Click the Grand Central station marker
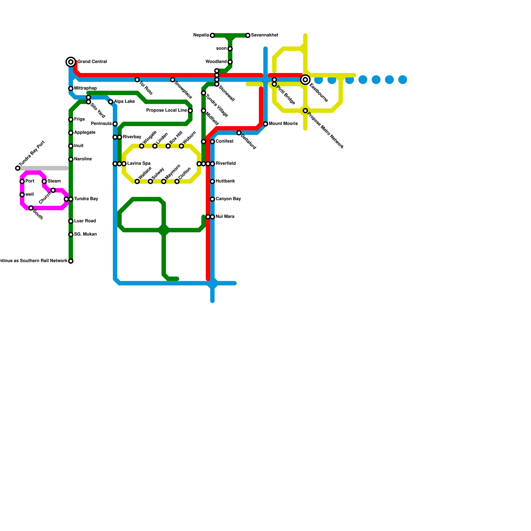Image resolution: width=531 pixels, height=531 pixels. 71,62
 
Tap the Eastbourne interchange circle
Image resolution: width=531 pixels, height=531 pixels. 305,80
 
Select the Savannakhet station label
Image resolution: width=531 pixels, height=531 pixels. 265,35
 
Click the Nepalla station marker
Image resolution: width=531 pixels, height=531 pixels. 212,36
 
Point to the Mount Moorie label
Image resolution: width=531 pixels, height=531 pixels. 283,124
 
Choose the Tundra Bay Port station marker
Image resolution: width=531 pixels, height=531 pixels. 18,168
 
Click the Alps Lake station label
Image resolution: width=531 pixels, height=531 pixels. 124,102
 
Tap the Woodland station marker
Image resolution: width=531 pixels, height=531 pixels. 230,62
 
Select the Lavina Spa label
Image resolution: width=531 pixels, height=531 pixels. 139,164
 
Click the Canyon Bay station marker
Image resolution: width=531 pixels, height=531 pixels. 212,199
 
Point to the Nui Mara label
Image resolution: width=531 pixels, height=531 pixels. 225,217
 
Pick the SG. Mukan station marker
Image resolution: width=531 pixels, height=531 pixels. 71,235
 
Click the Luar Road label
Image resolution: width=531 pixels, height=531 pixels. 85,221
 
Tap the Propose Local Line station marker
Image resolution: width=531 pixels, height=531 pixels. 190,111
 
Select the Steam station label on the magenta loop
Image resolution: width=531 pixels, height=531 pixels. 54,181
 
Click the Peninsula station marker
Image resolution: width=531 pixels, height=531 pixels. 115,124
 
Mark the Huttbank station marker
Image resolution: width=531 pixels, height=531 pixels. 212,182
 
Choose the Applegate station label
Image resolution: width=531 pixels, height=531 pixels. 85,133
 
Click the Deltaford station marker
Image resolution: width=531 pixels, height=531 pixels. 239,133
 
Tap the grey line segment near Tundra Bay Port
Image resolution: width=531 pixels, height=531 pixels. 43,168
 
